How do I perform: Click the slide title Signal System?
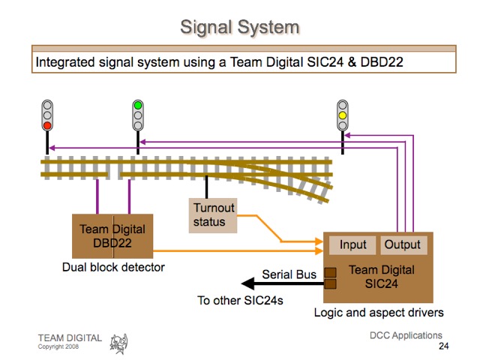pyautogui.click(x=239, y=28)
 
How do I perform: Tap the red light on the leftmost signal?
pyautogui.click(x=47, y=126)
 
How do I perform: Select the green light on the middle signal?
pyautogui.click(x=138, y=106)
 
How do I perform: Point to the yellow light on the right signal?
pyautogui.click(x=343, y=115)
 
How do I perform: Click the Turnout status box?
pyautogui.click(x=214, y=214)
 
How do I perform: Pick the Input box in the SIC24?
pyautogui.click(x=353, y=245)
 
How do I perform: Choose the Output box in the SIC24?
pyautogui.click(x=403, y=245)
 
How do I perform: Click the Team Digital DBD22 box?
pyautogui.click(x=112, y=236)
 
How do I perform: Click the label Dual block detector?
pyautogui.click(x=112, y=267)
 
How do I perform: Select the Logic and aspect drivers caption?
pyautogui.click(x=379, y=312)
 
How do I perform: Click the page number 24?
pyautogui.click(x=443, y=346)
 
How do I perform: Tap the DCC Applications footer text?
pyautogui.click(x=406, y=335)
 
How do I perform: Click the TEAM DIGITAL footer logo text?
pyautogui.click(x=70, y=338)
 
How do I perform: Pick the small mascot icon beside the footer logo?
pyautogui.click(x=118, y=343)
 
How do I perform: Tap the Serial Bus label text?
pyautogui.click(x=289, y=274)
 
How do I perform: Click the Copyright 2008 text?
pyautogui.click(x=58, y=346)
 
